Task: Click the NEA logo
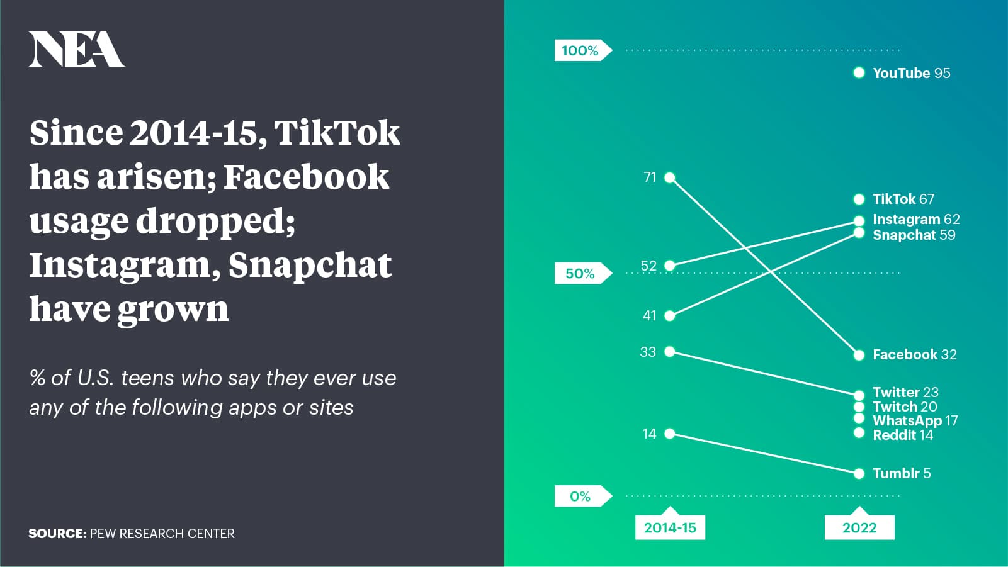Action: click(77, 50)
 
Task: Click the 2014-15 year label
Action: click(670, 527)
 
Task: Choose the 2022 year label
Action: click(859, 527)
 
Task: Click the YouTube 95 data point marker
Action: click(859, 73)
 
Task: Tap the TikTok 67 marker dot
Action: click(859, 199)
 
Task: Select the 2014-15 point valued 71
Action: click(670, 177)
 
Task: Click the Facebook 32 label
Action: click(915, 354)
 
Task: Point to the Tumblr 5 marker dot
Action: click(859, 473)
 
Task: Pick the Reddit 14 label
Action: click(903, 435)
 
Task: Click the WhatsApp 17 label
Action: click(915, 420)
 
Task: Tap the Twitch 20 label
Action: click(905, 407)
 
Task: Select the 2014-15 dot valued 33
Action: click(670, 352)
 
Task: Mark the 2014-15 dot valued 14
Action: click(670, 434)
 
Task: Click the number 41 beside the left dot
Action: click(649, 316)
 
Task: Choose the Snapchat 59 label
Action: click(914, 235)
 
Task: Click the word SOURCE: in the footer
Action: click(57, 533)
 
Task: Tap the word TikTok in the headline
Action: click(337, 133)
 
